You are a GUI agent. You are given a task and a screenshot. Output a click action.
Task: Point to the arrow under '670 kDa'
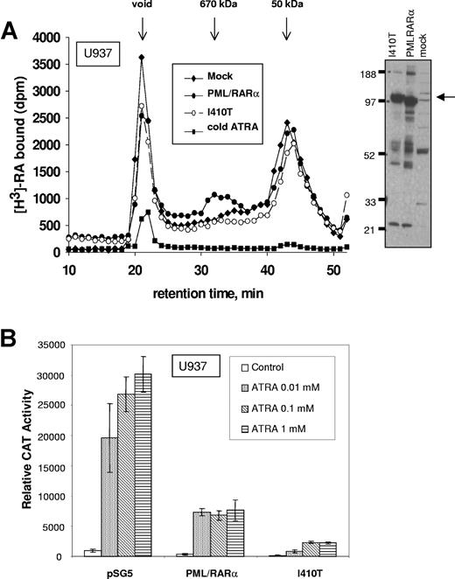click(214, 30)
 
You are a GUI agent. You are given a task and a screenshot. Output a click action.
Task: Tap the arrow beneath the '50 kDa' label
click(288, 30)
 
